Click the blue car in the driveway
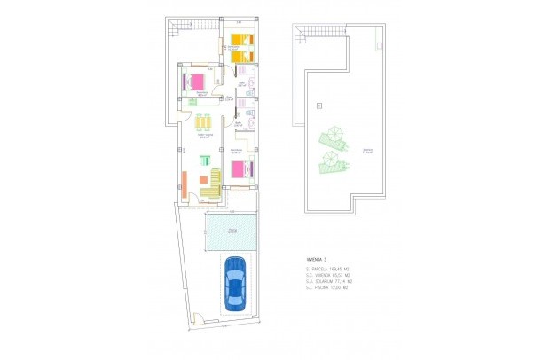pyautogui.click(x=236, y=282)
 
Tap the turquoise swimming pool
pyautogui.click(x=231, y=232)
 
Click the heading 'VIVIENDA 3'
pyautogui.click(x=317, y=259)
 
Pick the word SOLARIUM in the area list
pyautogui.click(x=326, y=281)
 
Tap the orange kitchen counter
pyautogui.click(x=184, y=183)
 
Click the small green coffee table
pyautogui.click(x=204, y=160)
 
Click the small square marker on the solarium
pyautogui.click(x=318, y=106)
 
